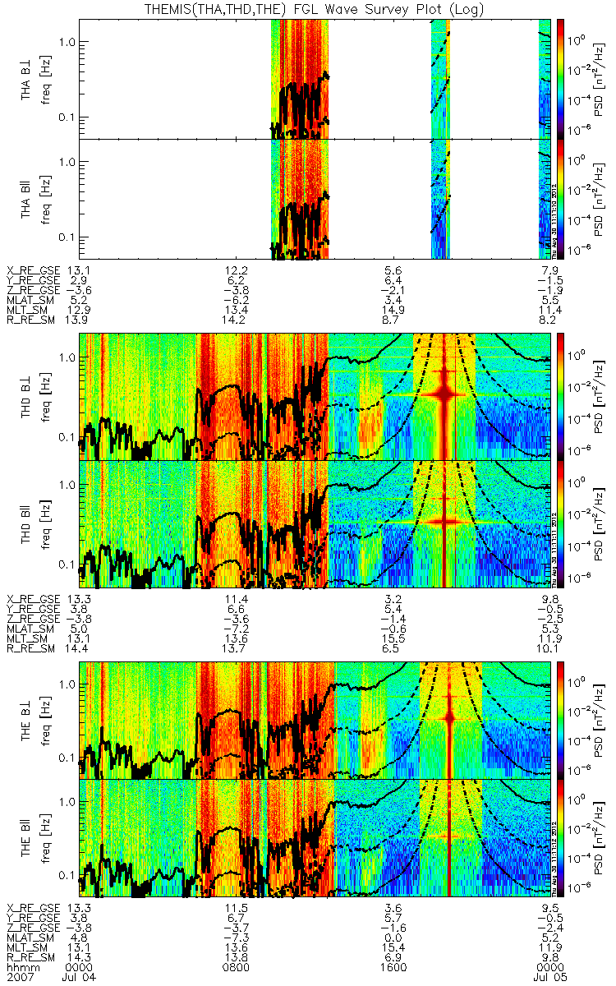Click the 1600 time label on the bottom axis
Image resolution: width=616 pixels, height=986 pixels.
393,967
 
